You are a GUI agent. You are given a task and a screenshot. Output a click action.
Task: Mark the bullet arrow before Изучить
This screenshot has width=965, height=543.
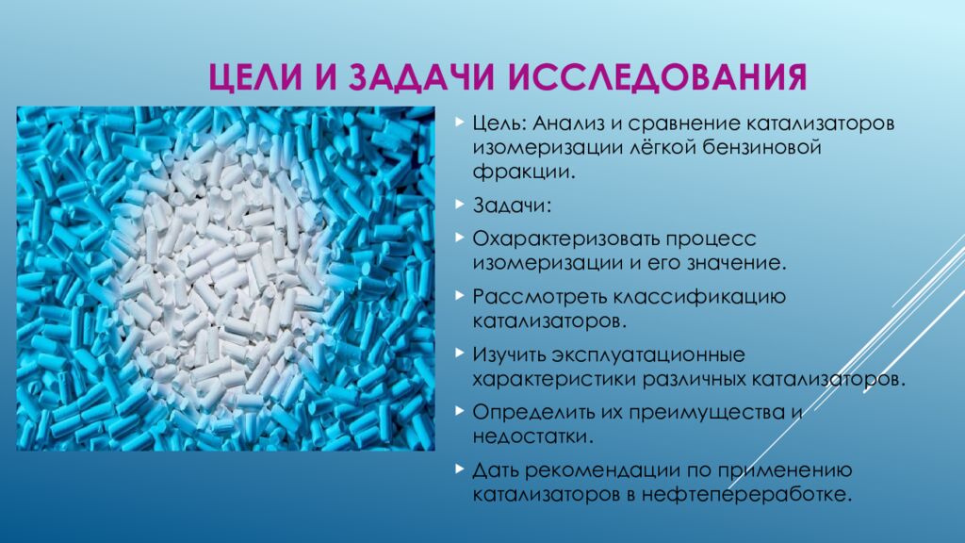(x=458, y=354)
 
